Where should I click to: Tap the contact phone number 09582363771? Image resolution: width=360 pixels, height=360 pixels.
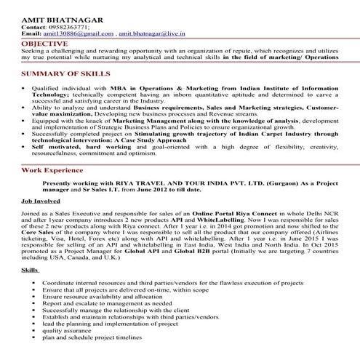click(x=71, y=26)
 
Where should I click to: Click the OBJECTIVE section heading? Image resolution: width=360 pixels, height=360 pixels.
click(x=46, y=44)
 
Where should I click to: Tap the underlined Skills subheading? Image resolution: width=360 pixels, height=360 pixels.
click(x=31, y=270)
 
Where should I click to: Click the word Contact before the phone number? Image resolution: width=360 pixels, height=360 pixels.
click(x=34, y=26)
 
